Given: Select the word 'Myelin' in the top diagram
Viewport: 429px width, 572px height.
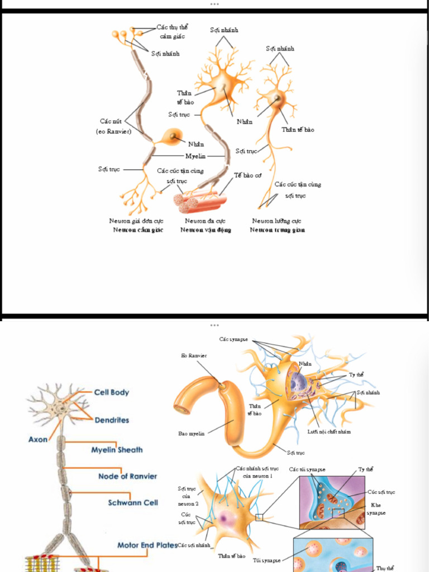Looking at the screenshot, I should [196, 156].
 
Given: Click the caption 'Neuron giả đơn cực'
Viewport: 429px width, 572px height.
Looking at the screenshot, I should [136, 221].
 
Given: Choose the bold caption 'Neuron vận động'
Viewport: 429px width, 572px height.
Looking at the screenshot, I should [206, 230].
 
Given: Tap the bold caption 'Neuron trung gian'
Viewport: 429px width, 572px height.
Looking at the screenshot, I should [278, 230].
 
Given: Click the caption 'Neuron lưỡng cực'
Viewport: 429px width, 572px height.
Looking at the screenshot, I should [277, 221].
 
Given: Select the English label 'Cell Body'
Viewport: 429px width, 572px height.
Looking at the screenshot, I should [111, 392].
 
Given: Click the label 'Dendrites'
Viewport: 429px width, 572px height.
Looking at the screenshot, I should [112, 420].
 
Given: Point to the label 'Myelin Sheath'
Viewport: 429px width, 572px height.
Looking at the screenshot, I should [117, 450].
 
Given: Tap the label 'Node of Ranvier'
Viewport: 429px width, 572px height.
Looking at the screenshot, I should [127, 476].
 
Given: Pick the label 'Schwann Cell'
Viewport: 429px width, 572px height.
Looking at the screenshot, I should [133, 503].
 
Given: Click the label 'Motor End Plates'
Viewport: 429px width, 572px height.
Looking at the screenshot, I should [147, 545].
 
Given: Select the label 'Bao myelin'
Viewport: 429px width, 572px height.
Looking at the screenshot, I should [192, 433].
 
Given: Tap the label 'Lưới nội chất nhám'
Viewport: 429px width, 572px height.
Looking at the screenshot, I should [329, 432].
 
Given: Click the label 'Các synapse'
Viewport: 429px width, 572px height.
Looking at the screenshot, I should [233, 339].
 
